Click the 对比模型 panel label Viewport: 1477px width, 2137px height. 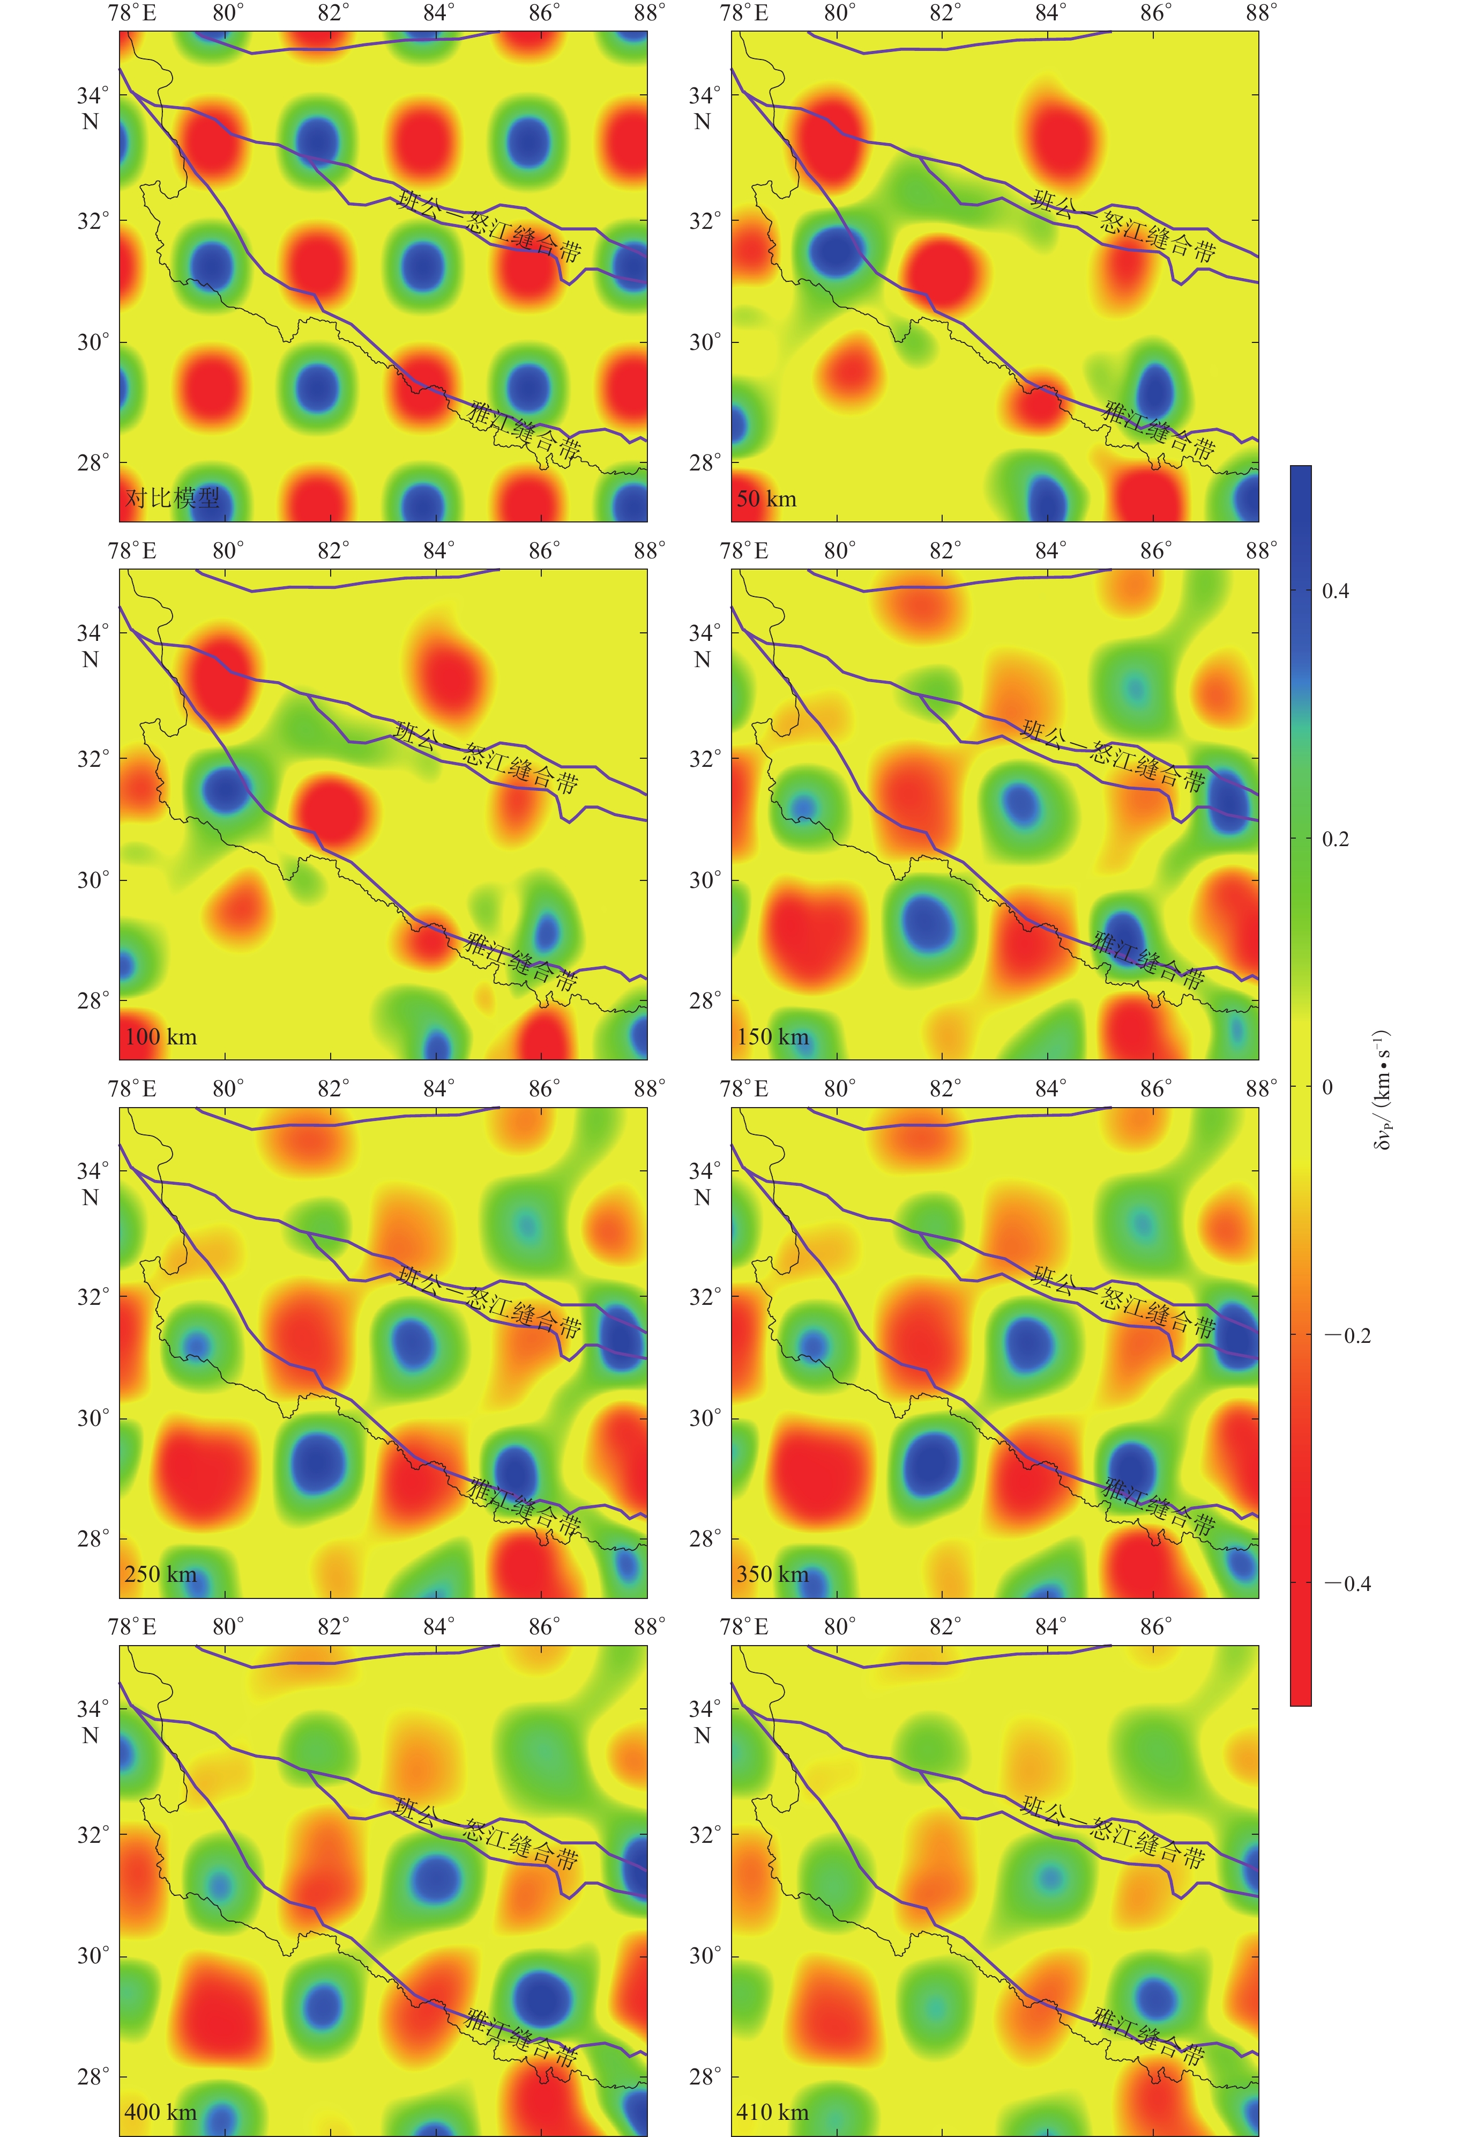pos(173,499)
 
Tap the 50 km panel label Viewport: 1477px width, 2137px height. pos(766,499)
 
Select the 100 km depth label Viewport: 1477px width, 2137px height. pos(161,1037)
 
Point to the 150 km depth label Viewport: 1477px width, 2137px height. pos(773,1037)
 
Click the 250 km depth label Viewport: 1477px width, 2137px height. pos(161,1574)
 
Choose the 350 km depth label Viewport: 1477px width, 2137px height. pos(773,1574)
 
